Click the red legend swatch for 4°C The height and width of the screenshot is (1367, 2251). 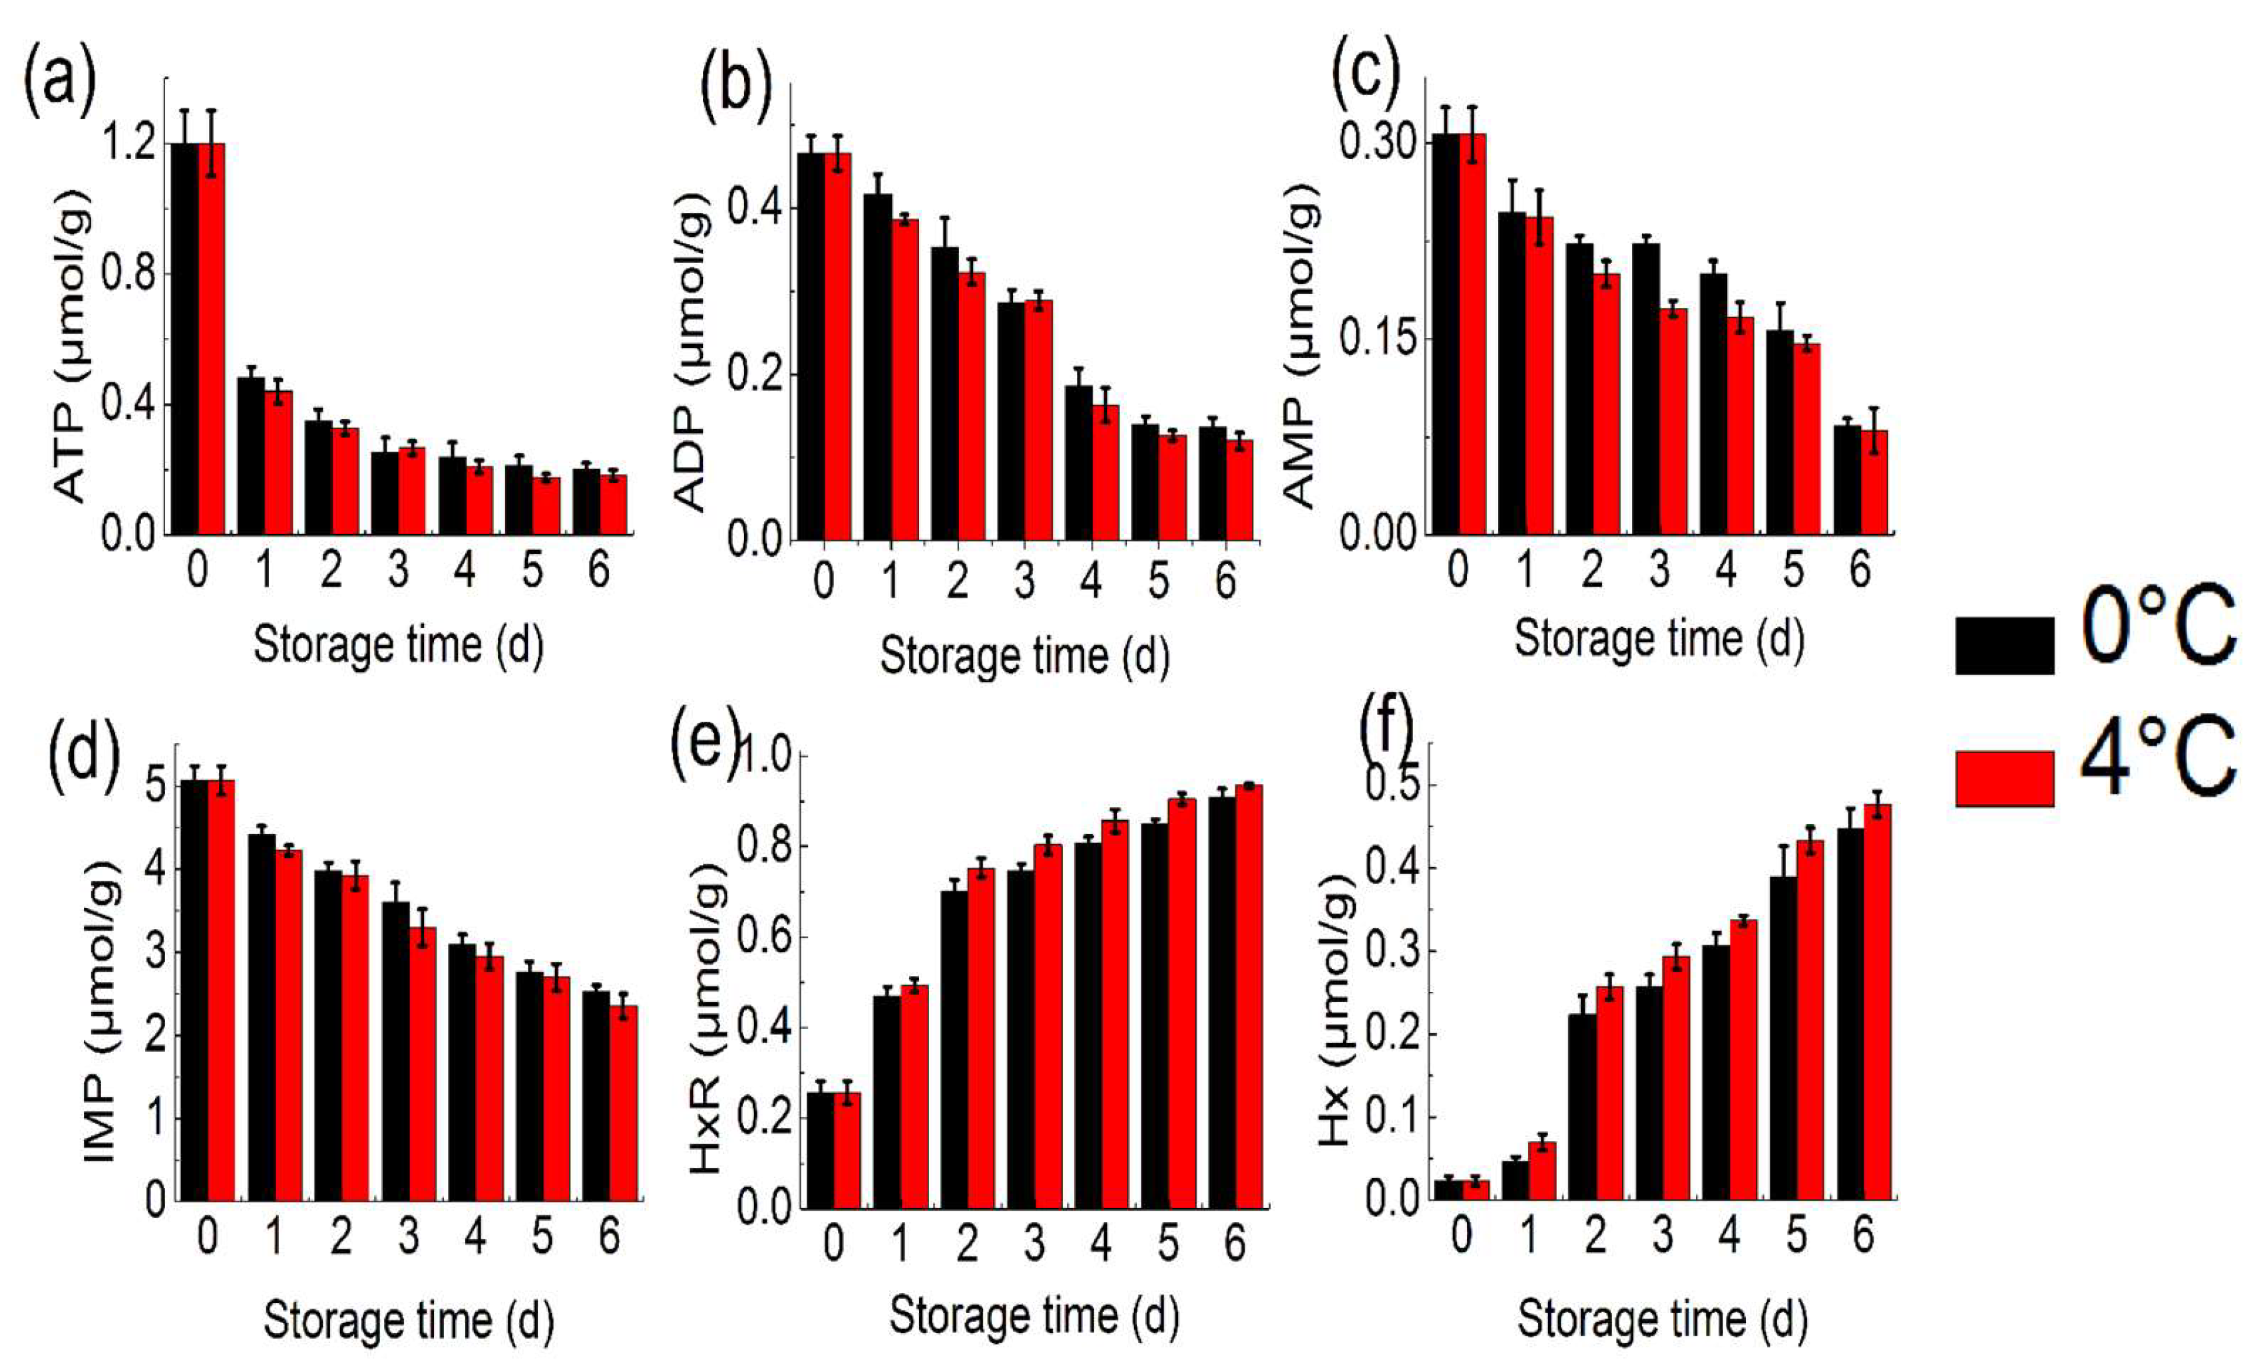point(2004,779)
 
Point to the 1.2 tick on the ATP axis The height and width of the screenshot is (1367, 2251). point(128,144)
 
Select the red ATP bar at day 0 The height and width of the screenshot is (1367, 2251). point(211,338)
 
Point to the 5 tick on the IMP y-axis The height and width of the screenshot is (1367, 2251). point(155,786)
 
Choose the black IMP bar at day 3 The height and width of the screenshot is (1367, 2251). point(395,1050)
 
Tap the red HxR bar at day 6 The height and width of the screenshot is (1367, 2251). point(1249,995)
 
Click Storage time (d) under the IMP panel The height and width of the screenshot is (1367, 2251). point(409,1320)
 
